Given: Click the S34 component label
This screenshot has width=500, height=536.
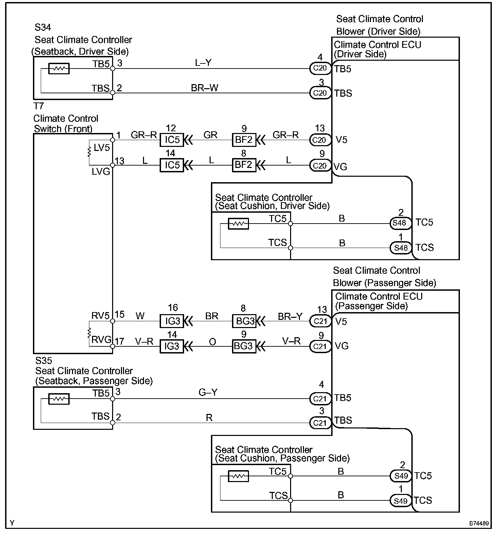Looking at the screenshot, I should (43, 27).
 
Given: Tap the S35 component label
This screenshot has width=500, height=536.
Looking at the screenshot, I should (43, 360).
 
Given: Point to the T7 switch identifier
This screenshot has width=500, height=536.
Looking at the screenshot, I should (39, 106).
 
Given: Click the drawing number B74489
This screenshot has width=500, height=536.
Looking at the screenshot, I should (479, 523).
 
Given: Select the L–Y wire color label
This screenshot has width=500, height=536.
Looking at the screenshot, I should (203, 63).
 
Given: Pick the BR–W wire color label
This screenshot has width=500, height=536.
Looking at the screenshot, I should (204, 88).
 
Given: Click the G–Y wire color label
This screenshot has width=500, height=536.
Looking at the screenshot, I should (208, 393).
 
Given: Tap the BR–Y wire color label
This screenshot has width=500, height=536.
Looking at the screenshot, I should (290, 317).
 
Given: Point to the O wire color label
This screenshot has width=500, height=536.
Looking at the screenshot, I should (212, 342).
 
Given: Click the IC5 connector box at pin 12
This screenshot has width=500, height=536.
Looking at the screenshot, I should (172, 140).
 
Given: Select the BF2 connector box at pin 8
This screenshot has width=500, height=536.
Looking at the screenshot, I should (244, 165).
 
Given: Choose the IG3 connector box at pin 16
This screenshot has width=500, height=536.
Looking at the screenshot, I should (172, 321).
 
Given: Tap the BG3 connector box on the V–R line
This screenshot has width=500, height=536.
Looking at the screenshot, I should (244, 346).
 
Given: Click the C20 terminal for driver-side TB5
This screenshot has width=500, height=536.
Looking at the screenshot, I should (320, 68).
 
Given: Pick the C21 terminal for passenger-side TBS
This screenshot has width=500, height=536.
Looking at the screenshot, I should (320, 423).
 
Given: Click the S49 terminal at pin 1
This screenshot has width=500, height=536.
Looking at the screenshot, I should (401, 501).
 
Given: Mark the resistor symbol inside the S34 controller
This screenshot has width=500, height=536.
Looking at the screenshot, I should (59, 69).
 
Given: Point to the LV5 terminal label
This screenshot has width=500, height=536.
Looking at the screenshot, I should (102, 148).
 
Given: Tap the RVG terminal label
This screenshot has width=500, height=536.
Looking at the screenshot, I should (101, 340).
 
